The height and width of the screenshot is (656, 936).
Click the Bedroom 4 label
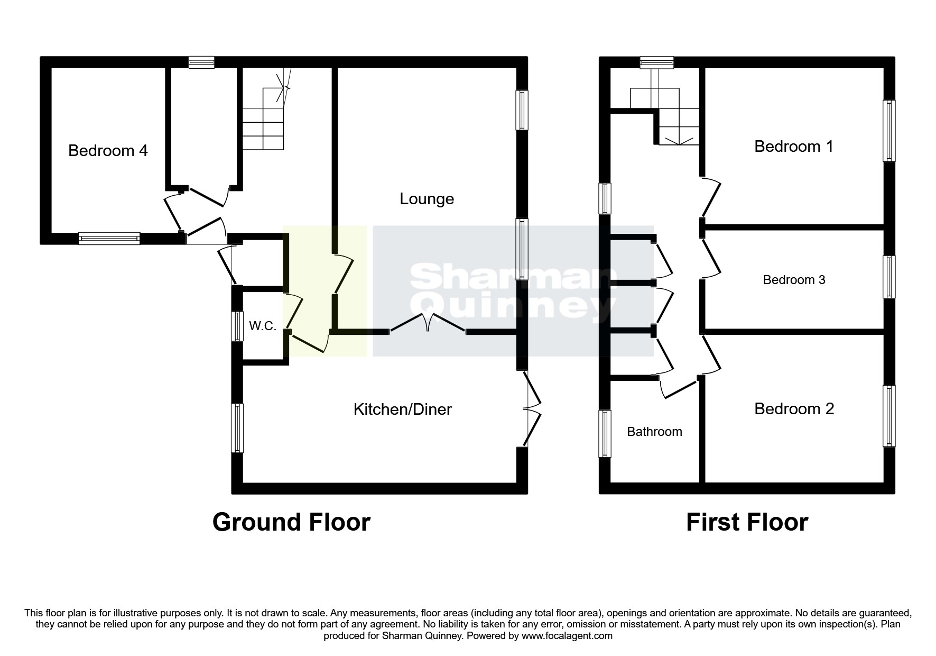click(x=108, y=151)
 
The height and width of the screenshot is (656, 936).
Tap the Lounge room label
click(x=427, y=199)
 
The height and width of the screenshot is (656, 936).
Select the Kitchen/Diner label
click(x=402, y=409)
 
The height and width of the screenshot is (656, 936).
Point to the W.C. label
click(x=263, y=326)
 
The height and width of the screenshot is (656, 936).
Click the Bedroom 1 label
click(x=793, y=146)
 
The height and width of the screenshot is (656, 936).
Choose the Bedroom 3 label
click(x=794, y=280)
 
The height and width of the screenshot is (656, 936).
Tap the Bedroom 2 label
click(x=794, y=408)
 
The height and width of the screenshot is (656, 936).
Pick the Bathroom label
click(x=654, y=432)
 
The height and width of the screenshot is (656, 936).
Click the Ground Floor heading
click(x=291, y=522)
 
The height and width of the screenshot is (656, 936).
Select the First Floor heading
click(x=747, y=522)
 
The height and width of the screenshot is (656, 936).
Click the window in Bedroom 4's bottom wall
click(x=109, y=238)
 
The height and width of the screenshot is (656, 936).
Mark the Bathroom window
click(x=605, y=433)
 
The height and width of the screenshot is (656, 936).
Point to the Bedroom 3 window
click(x=889, y=277)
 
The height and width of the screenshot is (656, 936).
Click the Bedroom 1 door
click(x=711, y=198)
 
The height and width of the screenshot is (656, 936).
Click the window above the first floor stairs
click(x=657, y=62)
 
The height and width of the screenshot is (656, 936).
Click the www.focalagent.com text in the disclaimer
click(x=567, y=636)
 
